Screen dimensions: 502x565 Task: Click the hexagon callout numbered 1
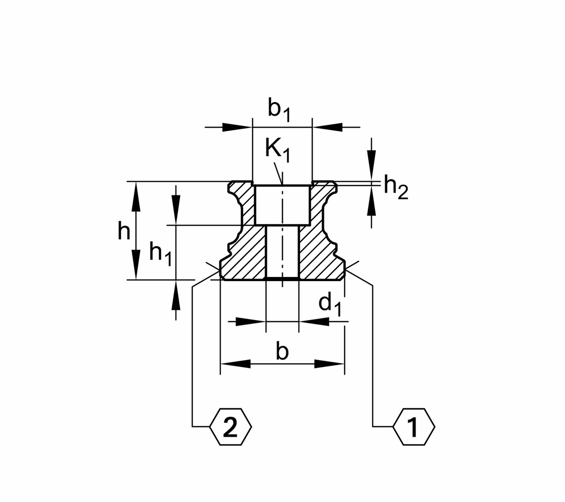pyautogui.click(x=414, y=427)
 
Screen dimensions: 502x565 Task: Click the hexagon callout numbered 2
pyautogui.click(x=231, y=427)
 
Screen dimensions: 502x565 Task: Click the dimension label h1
pyautogui.click(x=160, y=253)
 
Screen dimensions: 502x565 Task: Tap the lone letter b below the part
pyautogui.click(x=282, y=351)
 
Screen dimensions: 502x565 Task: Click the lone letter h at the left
pyautogui.click(x=123, y=232)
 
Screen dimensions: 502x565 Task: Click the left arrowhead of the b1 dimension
pyautogui.click(x=237, y=127)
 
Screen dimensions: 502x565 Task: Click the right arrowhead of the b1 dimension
pyautogui.click(x=327, y=127)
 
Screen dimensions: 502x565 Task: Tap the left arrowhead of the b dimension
pyautogui.click(x=235, y=364)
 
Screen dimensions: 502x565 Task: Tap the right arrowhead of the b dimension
pyautogui.click(x=329, y=364)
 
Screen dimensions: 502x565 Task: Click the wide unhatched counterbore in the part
pyautogui.click(x=282, y=205)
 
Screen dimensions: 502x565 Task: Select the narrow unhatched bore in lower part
pyautogui.click(x=282, y=252)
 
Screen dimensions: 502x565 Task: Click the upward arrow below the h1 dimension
pyautogui.click(x=176, y=294)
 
